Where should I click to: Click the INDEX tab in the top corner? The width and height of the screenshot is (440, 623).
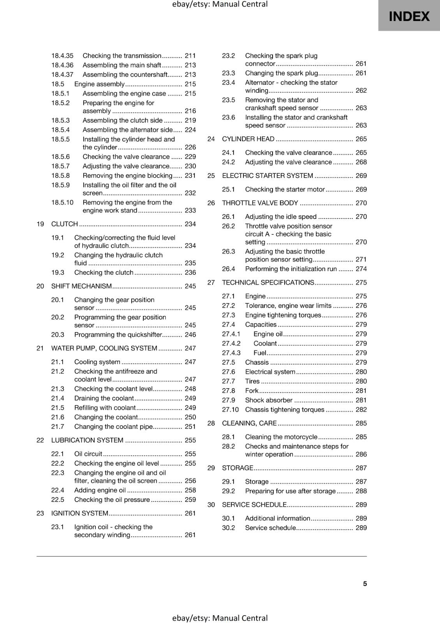click(x=409, y=16)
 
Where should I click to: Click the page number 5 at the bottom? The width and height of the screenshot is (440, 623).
click(x=365, y=583)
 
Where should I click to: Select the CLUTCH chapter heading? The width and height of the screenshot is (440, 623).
click(x=65, y=224)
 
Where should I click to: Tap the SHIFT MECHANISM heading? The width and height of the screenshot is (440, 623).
click(x=81, y=286)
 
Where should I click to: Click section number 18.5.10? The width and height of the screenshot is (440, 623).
click(x=62, y=202)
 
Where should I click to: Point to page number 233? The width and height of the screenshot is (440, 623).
click(x=190, y=210)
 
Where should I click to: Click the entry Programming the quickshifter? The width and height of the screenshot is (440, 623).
click(x=118, y=334)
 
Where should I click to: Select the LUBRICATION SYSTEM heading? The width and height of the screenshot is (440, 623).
click(x=87, y=440)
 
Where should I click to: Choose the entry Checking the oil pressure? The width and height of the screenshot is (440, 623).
click(x=112, y=500)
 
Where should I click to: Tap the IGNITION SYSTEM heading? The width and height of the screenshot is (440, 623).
click(x=80, y=513)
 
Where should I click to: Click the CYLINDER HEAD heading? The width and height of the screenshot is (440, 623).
click(x=248, y=139)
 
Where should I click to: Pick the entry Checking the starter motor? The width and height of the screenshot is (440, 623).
click(x=285, y=189)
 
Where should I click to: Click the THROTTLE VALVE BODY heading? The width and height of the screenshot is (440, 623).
click(x=260, y=203)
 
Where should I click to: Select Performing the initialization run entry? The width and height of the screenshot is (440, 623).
click(x=291, y=269)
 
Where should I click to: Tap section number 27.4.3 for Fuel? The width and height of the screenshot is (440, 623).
click(x=231, y=353)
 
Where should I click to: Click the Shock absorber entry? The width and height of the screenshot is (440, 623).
click(x=269, y=400)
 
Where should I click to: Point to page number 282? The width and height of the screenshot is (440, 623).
click(x=361, y=410)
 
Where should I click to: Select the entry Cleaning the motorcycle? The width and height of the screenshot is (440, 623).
click(x=281, y=437)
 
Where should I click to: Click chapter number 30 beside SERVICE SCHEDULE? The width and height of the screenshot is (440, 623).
click(x=211, y=505)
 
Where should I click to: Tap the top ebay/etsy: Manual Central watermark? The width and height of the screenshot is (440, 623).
click(x=220, y=4)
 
